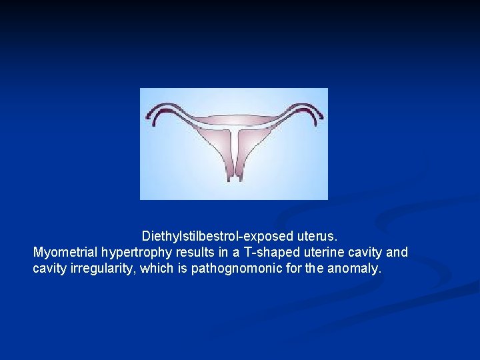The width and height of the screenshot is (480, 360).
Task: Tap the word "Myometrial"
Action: pos(65,253)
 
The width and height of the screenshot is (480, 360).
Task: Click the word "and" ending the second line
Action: pos(397,253)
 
